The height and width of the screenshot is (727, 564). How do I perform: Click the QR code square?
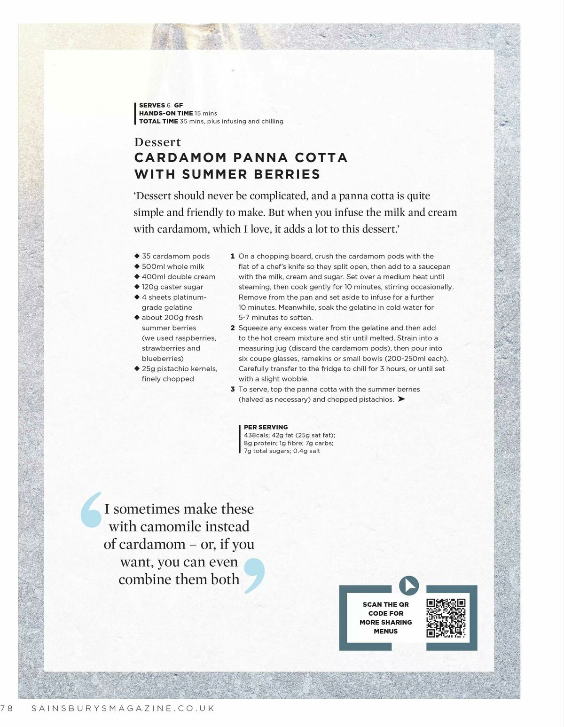[446, 618]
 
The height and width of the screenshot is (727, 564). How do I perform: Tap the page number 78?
[8, 708]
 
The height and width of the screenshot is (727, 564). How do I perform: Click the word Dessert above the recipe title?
[157, 142]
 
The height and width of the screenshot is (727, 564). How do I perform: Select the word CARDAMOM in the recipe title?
[180, 157]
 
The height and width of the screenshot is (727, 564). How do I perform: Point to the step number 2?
[233, 328]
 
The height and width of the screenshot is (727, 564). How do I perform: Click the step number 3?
[233, 389]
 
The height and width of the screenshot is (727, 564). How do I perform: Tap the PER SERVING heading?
[266, 427]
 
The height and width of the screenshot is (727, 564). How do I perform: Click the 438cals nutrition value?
[257, 435]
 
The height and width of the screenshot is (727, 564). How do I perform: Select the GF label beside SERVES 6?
[179, 105]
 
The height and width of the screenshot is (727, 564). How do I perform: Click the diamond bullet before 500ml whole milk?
[137, 266]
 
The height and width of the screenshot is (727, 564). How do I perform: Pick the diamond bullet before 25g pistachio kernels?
[137, 369]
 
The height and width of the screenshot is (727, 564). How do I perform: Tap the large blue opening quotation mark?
[92, 509]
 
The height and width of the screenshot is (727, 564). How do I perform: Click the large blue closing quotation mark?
[254, 574]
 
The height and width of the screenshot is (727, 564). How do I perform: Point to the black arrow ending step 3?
[401, 399]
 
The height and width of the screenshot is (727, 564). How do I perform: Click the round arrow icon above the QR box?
[408, 586]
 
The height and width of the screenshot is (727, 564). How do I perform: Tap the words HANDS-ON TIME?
[166, 113]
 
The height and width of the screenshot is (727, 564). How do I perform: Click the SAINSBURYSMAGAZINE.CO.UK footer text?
[123, 708]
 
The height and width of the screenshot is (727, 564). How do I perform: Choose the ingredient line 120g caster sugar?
[172, 287]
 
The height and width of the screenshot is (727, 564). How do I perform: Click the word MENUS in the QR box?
[385, 631]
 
